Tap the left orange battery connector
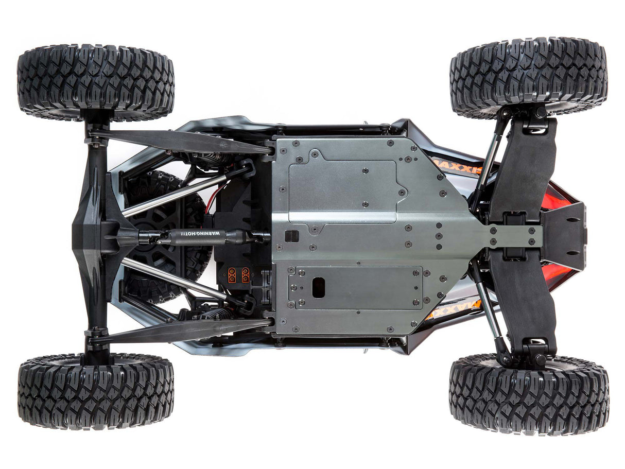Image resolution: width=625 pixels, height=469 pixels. pyautogui.click(x=232, y=274)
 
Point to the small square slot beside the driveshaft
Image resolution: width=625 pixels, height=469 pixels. pyautogui.click(x=291, y=236)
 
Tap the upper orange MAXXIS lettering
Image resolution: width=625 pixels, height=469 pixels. pyautogui.click(x=456, y=164)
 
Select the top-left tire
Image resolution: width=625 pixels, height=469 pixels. pyautogui.click(x=96, y=83)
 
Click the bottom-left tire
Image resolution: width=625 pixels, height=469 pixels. pyautogui.click(x=96, y=391)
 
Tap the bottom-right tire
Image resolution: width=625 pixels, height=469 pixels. pyautogui.click(x=528, y=393)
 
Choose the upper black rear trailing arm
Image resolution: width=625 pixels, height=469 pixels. pyautogui.click(x=180, y=141)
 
